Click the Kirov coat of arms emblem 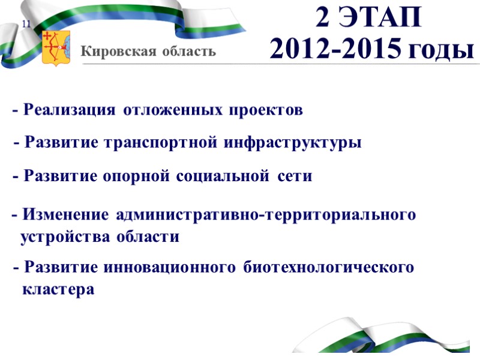[x=56, y=48]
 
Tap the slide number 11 [x=27, y=23]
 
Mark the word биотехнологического [x=329, y=267]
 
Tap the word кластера [x=58, y=290]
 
